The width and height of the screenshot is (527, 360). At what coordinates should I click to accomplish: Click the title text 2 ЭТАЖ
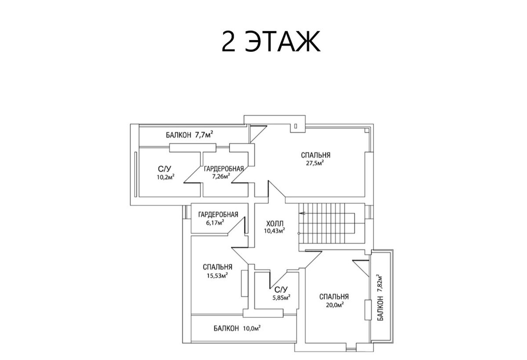[271, 41]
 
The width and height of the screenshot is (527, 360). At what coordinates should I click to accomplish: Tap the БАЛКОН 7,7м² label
[189, 135]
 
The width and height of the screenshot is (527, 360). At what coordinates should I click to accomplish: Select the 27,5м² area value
[314, 163]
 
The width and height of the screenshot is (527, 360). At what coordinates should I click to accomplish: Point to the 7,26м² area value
[221, 176]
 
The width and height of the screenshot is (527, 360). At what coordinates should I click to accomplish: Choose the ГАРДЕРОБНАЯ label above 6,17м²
[218, 215]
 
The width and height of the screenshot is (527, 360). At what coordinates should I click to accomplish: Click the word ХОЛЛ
[274, 223]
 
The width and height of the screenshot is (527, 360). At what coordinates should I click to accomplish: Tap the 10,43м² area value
[274, 231]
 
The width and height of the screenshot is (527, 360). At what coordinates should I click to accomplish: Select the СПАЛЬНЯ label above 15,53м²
[217, 267]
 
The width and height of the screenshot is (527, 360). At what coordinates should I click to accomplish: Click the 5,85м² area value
[281, 298]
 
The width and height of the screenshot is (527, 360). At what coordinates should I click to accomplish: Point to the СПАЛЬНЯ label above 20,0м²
[334, 297]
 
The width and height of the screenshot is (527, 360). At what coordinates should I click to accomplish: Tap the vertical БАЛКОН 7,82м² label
[380, 297]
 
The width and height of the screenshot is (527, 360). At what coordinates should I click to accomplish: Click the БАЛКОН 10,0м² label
[237, 328]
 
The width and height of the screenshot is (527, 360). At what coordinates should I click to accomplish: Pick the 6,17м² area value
[215, 222]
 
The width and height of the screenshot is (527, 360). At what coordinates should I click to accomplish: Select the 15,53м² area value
[217, 275]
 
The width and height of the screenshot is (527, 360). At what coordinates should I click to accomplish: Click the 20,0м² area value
[335, 305]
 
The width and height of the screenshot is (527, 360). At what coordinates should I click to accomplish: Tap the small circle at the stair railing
[299, 233]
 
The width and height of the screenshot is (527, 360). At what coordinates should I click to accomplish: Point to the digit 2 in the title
[228, 41]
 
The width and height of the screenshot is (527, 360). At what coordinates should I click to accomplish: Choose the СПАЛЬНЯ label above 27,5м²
[315, 155]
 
